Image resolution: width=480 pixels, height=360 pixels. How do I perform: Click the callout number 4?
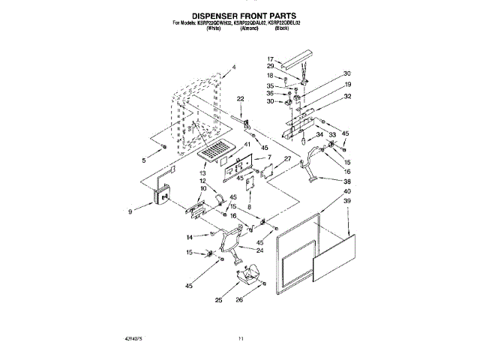[x=233, y=67]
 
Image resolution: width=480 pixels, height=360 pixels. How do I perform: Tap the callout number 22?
[x=241, y=99]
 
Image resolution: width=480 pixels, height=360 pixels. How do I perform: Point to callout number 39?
[x=346, y=202]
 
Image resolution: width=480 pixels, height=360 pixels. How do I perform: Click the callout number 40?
[x=346, y=192]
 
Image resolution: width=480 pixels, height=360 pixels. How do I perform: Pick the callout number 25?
[x=218, y=301]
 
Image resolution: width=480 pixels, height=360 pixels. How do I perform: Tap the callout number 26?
[x=260, y=301]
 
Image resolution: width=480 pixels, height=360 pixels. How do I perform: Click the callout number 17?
[x=271, y=58]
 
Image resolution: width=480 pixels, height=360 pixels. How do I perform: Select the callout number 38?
[x=346, y=181]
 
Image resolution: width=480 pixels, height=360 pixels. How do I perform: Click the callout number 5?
[x=144, y=160]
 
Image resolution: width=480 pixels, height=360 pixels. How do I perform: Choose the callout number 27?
[x=286, y=160]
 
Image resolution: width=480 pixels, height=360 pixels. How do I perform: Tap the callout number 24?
[x=260, y=251]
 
